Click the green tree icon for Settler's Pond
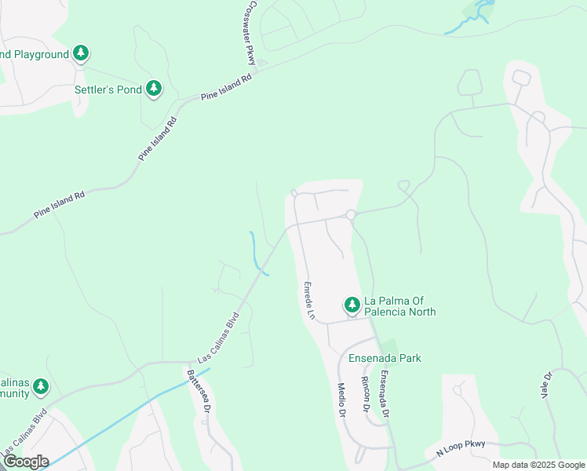coord(154,89)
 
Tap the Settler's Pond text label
coord(108,89)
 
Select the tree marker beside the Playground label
coord(80,53)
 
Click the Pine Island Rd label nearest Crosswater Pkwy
coord(226,86)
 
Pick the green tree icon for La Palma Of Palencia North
coord(352,304)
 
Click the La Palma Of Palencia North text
coord(399,306)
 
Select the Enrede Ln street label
coord(309,300)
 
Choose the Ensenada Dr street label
coord(385,393)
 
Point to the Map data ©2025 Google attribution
coord(538,465)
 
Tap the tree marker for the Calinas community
coord(40,386)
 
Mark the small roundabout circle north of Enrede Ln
coord(351,214)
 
